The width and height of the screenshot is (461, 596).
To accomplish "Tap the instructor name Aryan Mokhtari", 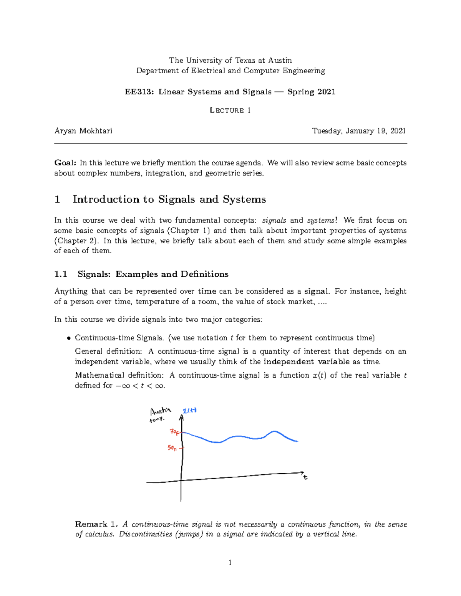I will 83,131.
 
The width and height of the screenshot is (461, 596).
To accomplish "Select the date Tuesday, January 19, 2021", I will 359,131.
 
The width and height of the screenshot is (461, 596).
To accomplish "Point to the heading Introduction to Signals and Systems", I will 169,199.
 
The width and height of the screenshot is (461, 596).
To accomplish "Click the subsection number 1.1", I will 61,274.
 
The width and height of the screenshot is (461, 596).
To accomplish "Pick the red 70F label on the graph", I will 174,432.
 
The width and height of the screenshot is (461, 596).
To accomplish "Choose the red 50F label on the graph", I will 172,448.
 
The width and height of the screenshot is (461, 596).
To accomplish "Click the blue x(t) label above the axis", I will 189,410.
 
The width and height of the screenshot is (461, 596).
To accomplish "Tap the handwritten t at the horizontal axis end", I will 305,477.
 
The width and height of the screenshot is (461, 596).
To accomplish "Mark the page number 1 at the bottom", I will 230,563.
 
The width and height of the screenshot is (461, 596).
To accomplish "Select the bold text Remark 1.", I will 96,524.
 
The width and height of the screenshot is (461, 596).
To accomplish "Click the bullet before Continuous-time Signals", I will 69,338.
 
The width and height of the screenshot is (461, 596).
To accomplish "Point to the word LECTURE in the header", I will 227,111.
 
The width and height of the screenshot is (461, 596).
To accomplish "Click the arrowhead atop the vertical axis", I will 181,418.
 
